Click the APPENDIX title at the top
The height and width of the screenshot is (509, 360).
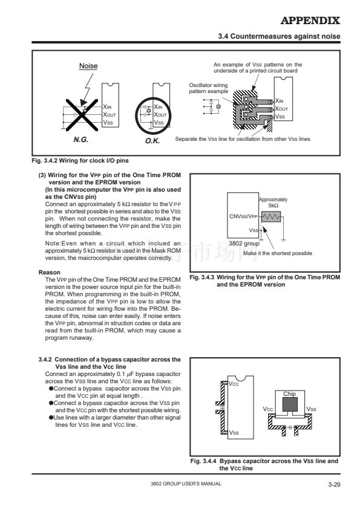[x=310, y=21]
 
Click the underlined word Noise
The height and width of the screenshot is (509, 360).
[x=88, y=66]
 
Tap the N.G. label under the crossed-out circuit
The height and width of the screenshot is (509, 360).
[x=81, y=140]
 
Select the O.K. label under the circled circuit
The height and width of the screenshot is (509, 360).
[x=152, y=141]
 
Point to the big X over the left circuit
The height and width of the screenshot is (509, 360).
[x=82, y=115]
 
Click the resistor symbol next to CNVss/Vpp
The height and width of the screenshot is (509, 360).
[x=271, y=217]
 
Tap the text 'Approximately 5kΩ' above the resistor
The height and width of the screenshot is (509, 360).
[x=273, y=203]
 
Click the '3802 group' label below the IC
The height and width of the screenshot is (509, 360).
[x=244, y=243]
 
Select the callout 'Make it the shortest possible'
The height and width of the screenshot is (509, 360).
[x=278, y=253]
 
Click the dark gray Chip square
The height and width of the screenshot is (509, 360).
[x=290, y=404]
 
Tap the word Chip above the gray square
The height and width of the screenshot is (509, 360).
[x=289, y=394]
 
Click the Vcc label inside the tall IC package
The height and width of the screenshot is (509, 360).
[x=234, y=384]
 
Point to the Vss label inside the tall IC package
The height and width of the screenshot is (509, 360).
[x=234, y=433]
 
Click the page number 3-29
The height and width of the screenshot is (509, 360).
[x=334, y=485]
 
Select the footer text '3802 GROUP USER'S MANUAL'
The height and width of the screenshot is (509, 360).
[x=186, y=484]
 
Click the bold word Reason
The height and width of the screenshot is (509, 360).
[x=50, y=273]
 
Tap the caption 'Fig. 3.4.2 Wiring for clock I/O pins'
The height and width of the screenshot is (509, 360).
[x=80, y=161]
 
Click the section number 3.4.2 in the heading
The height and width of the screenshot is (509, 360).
[x=45, y=360]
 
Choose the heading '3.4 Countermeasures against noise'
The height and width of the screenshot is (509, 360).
[x=279, y=36]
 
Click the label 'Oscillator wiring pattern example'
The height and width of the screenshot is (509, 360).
[x=209, y=88]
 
